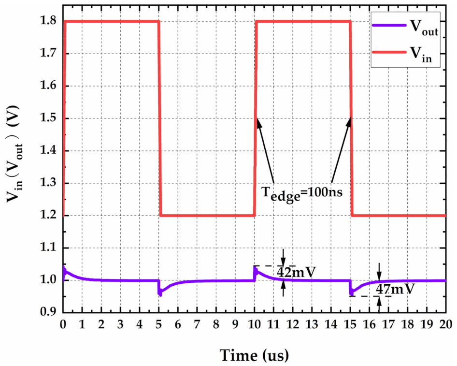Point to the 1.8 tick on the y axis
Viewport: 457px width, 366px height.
tap(50, 21)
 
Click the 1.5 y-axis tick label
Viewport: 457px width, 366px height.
tap(50, 118)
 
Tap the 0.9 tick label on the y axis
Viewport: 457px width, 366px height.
tap(50, 313)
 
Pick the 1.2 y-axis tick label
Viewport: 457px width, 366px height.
tap(50, 216)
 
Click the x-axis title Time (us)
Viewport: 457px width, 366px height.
tap(255, 355)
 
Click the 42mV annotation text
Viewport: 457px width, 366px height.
tap(296, 272)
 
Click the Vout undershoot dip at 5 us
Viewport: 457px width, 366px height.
tap(160, 293)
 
